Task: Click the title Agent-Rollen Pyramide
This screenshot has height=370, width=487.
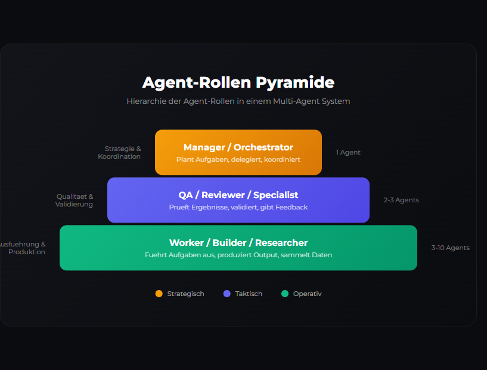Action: click(x=238, y=82)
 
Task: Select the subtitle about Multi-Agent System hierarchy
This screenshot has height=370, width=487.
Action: click(x=238, y=101)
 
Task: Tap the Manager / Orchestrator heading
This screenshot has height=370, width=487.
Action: click(x=238, y=147)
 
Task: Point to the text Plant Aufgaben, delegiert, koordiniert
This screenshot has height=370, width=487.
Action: click(x=238, y=160)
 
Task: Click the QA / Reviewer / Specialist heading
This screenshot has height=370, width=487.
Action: click(x=238, y=195)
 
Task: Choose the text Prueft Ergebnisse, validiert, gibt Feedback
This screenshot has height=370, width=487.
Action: click(x=238, y=208)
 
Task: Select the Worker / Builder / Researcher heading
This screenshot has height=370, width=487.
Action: click(x=238, y=243)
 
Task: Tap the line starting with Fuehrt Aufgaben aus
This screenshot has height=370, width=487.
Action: click(x=238, y=255)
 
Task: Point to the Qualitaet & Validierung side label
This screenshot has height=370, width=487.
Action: click(x=75, y=201)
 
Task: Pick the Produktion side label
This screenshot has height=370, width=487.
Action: click(x=27, y=252)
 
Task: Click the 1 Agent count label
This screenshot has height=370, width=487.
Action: click(x=348, y=153)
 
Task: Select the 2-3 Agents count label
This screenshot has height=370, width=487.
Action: click(x=401, y=201)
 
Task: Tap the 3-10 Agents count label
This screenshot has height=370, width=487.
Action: click(x=450, y=248)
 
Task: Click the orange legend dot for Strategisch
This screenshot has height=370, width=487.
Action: click(x=159, y=294)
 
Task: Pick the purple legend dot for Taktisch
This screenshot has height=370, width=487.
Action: click(x=227, y=294)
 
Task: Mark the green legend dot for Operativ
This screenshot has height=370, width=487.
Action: click(x=285, y=294)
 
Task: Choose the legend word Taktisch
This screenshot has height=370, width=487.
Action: click(x=249, y=294)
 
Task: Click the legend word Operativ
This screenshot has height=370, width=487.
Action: click(x=307, y=294)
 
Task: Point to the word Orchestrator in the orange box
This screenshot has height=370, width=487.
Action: click(x=263, y=147)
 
